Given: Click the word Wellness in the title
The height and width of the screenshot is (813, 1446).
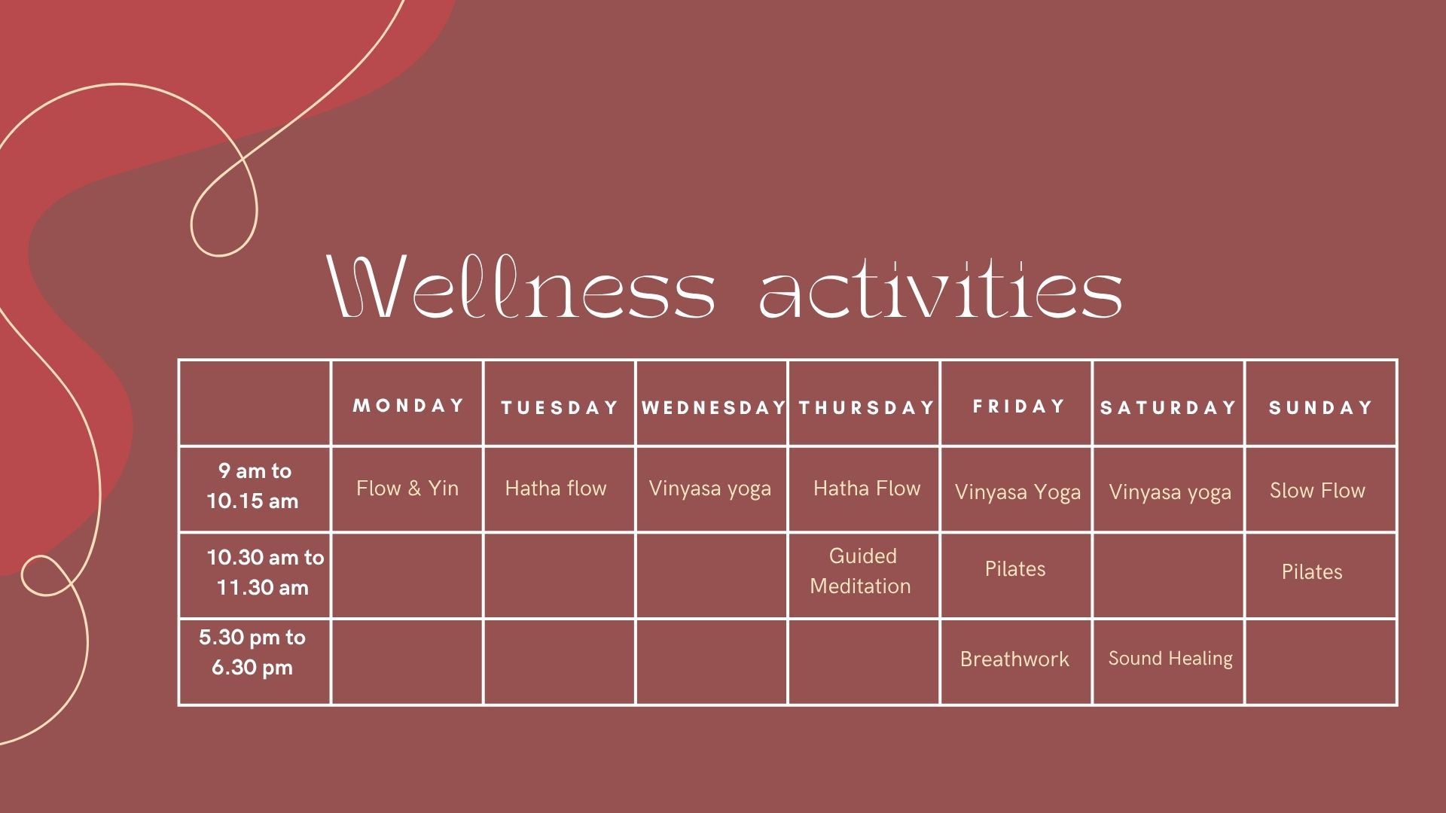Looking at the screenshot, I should pos(521,288).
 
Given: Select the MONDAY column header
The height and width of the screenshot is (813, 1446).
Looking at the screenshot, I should pos(408,406).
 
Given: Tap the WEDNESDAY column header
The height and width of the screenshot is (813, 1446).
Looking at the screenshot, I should pos(712,408).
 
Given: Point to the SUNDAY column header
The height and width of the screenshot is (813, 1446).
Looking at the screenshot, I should pos(1320,408).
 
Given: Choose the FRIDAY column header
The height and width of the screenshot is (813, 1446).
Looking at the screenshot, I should pos(1018,406).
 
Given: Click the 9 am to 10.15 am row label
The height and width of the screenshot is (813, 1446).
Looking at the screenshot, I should pos(254,486).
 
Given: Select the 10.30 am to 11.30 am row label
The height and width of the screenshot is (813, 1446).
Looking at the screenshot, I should pos(264,572).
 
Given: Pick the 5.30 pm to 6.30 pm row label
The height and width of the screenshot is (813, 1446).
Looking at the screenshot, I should pos(252,652).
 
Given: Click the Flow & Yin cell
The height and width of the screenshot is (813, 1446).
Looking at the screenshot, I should pos(407,489).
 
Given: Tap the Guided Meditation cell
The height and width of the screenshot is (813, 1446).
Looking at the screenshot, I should pos(862,571).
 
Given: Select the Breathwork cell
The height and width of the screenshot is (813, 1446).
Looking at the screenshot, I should pos(1014,659).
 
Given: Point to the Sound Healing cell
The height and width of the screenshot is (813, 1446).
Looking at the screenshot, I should pos(1170,659).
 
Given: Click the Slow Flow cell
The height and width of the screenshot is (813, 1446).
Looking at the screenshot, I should pos(1317,491).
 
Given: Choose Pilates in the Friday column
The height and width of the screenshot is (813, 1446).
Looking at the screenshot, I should pos(1015,569).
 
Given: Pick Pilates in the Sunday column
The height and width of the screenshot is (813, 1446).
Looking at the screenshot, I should pos(1312,572).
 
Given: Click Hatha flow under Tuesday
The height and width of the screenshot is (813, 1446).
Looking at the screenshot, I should pos(556,489).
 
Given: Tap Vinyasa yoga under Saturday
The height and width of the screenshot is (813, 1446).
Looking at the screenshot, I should pos(1170,492).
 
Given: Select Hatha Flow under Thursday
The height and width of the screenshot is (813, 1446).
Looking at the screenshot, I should pos(867,489).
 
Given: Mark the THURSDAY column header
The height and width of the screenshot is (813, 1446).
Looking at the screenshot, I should pos(866,408).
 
